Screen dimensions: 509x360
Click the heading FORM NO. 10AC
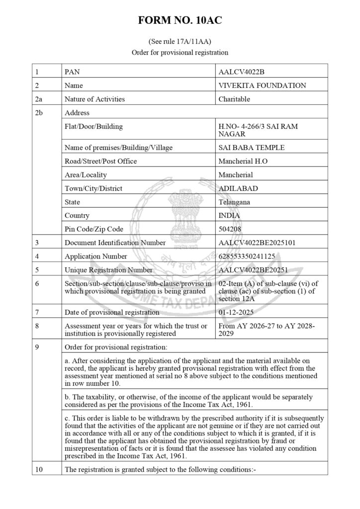180,21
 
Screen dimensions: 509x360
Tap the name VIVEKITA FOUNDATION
262,85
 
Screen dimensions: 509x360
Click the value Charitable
234,99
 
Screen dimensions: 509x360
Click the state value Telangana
234,202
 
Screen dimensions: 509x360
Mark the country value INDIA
229,216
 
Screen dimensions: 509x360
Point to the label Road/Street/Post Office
101,161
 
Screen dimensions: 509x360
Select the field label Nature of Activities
95,99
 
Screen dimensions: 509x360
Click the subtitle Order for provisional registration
180,52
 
